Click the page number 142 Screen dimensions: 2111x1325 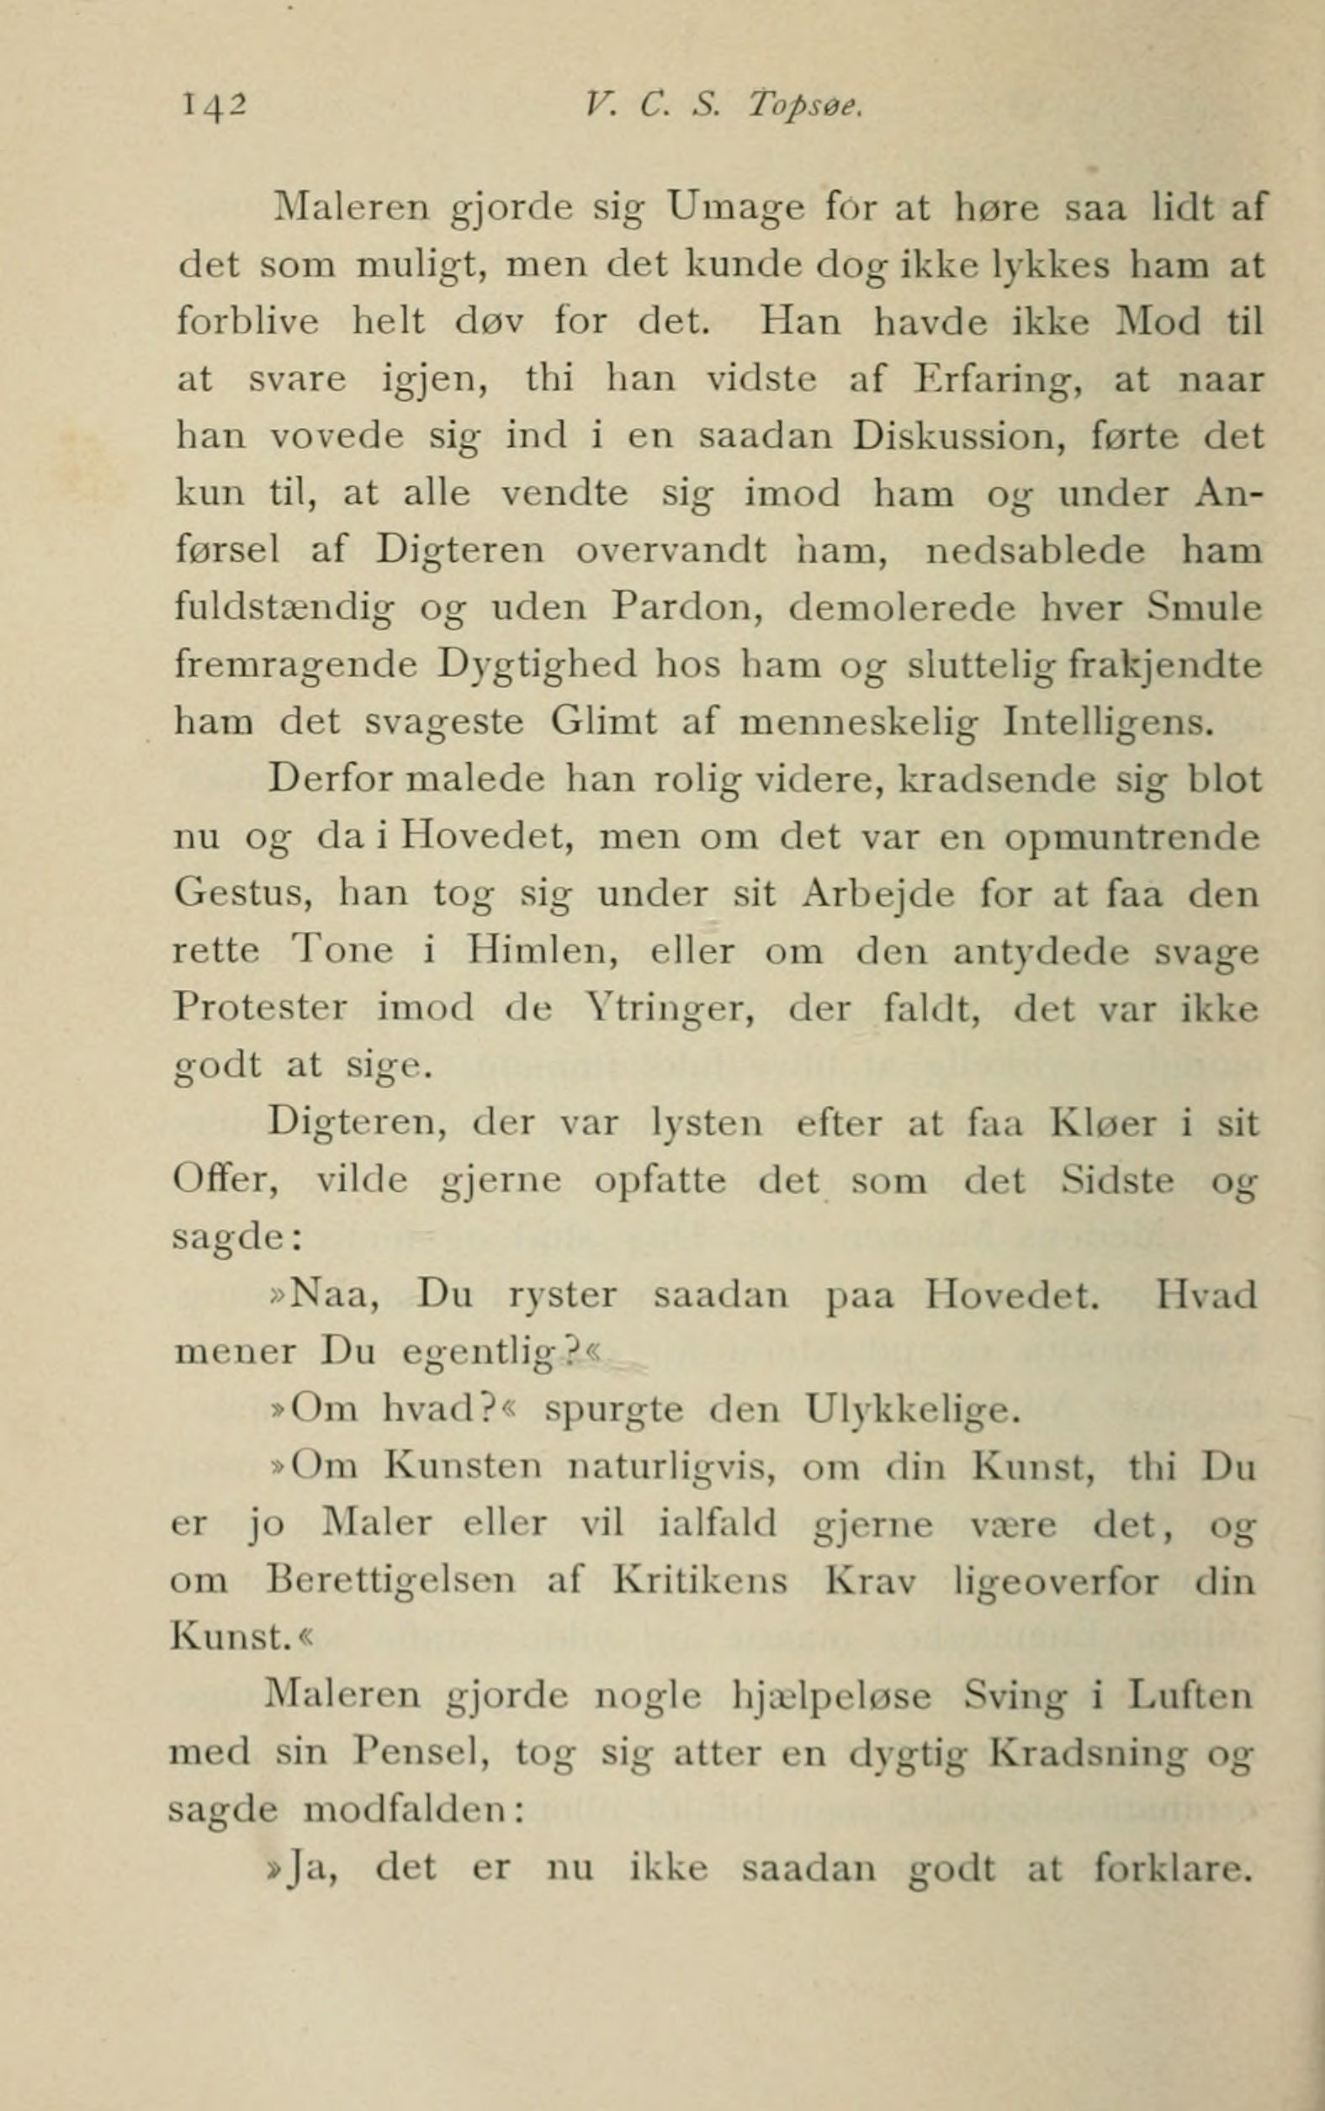[x=215, y=107]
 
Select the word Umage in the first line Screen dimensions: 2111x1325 [x=735, y=211]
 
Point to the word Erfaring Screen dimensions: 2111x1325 [x=995, y=380]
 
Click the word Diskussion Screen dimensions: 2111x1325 [x=958, y=436]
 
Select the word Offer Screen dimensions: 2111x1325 [x=225, y=1181]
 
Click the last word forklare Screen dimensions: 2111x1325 [x=1172, y=1869]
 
